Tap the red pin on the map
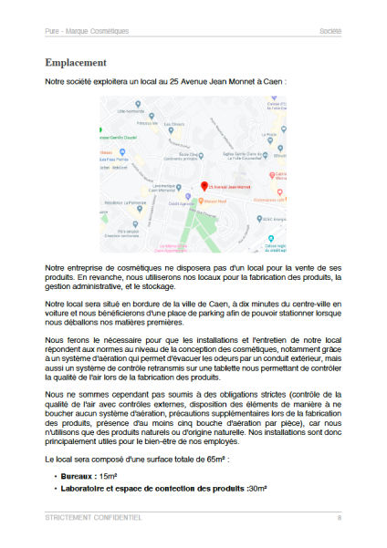point(204,185)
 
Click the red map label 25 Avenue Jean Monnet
point(231,186)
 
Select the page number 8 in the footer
point(339,517)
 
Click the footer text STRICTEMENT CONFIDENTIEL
point(93,517)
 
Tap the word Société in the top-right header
point(329,31)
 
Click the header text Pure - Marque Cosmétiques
point(87,31)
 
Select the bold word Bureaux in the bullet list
point(78,477)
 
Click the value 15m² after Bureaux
point(110,477)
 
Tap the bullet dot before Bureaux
point(55,477)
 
